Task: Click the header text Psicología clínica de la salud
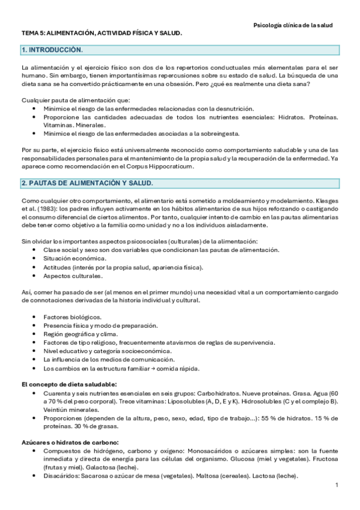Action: [293, 25]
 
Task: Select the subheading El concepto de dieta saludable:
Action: [69, 384]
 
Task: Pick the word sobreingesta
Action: [222, 134]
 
